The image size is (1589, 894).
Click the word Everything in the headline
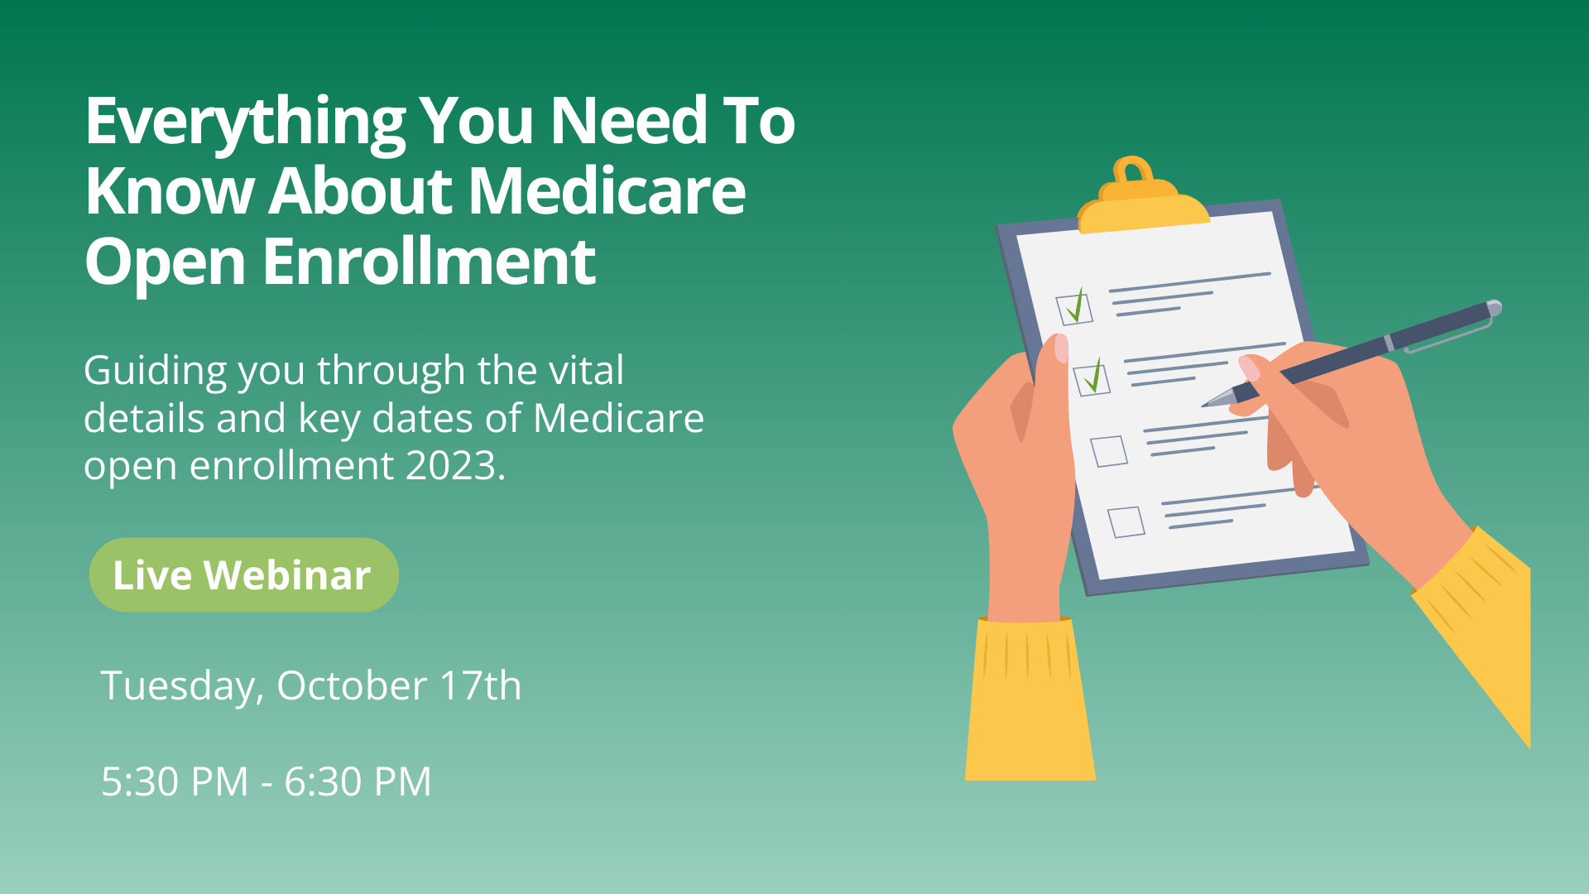click(245, 123)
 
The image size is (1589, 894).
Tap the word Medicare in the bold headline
click(607, 191)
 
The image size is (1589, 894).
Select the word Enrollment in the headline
click(430, 262)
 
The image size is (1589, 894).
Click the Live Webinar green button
click(243, 574)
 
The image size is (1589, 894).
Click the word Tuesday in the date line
click(182, 687)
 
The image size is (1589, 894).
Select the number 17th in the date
click(480, 685)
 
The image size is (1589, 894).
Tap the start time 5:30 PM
click(175, 781)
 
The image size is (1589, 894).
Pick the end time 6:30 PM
click(358, 781)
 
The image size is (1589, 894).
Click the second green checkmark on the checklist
click(1094, 377)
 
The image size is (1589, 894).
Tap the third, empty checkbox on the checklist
click(1109, 451)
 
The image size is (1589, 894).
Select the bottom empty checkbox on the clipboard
click(1126, 521)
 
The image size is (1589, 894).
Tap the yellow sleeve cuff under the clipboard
click(1029, 699)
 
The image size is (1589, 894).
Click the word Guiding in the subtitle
click(155, 371)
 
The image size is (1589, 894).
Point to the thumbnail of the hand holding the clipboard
click(1061, 348)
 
